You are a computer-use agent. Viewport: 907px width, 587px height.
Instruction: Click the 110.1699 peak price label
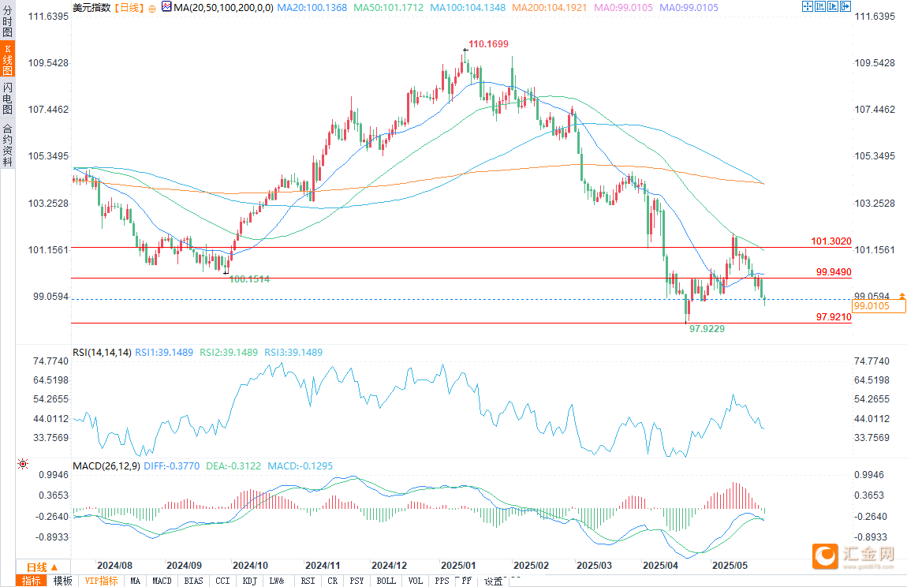click(x=488, y=44)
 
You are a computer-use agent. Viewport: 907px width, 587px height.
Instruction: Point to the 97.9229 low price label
click(x=707, y=327)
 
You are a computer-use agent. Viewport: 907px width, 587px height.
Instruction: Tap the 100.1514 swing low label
click(x=250, y=279)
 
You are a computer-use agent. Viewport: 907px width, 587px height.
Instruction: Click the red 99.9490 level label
click(x=833, y=271)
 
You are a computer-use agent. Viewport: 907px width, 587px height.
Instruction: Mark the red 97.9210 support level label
click(x=833, y=316)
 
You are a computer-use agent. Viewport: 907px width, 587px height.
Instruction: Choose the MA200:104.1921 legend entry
click(x=551, y=8)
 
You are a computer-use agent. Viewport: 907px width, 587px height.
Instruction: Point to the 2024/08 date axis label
click(x=114, y=566)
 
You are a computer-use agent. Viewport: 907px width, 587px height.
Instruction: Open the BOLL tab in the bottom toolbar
click(x=386, y=581)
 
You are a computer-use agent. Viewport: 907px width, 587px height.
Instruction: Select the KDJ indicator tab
click(x=249, y=581)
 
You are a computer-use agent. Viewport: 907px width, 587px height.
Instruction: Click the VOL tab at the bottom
click(x=415, y=581)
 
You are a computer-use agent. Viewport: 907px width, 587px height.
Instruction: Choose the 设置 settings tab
click(x=494, y=581)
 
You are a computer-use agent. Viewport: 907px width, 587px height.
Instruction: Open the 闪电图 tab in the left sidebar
click(x=7, y=98)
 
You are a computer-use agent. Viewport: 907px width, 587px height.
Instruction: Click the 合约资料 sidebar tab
click(x=7, y=145)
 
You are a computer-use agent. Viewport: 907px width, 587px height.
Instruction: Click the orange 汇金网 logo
click(x=824, y=556)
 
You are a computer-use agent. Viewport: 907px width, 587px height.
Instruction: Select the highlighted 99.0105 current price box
click(x=878, y=305)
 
